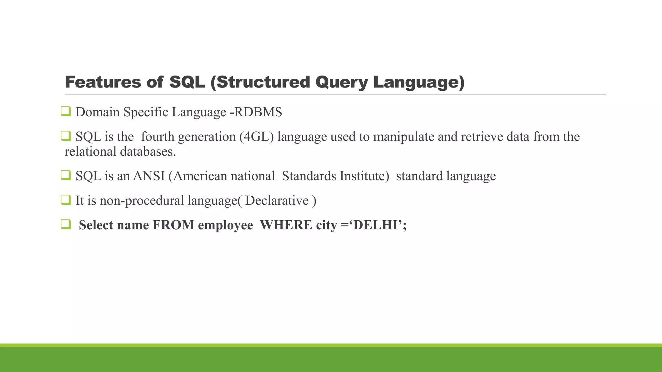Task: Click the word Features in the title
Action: click(x=103, y=82)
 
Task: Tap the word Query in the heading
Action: click(x=341, y=82)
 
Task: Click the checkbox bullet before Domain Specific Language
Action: click(x=66, y=112)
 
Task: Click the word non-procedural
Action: click(x=142, y=201)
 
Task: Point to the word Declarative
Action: click(x=277, y=201)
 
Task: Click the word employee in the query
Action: click(x=225, y=225)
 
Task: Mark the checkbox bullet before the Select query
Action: click(x=66, y=224)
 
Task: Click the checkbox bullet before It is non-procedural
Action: click(x=66, y=200)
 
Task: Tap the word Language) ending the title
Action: click(x=419, y=82)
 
